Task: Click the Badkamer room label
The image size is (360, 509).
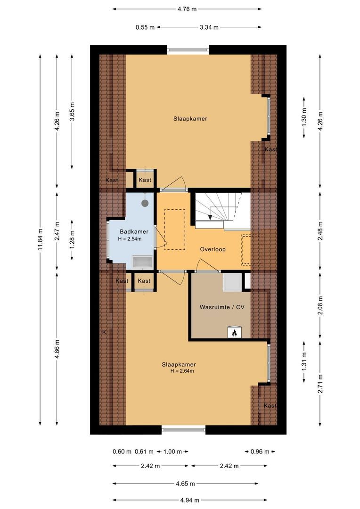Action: pyautogui.click(x=134, y=231)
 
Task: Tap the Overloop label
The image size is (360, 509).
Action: pyautogui.click(x=212, y=249)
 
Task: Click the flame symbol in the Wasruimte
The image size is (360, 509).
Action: pyautogui.click(x=234, y=333)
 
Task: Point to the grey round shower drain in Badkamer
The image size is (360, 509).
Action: pyautogui.click(x=145, y=203)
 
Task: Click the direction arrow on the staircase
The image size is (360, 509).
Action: pyautogui.click(x=210, y=217)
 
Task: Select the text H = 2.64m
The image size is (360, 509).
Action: pyautogui.click(x=182, y=371)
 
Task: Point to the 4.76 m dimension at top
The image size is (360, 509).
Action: pyautogui.click(x=187, y=8)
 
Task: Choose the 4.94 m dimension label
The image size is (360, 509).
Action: pyautogui.click(x=188, y=500)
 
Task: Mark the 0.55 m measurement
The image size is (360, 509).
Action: pyautogui.click(x=145, y=27)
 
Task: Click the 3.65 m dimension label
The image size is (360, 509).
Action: pyautogui.click(x=72, y=112)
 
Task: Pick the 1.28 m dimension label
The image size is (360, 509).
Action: pyautogui.click(x=72, y=232)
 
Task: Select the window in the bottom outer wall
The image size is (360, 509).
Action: pyautogui.click(x=184, y=429)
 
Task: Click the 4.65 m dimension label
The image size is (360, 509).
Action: pyautogui.click(x=186, y=483)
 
